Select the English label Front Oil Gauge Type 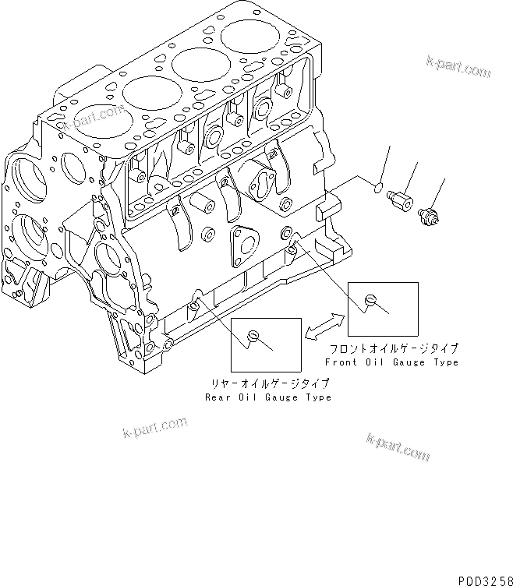tap(391, 362)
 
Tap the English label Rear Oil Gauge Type tap(267, 397)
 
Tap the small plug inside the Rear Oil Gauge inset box tap(252, 336)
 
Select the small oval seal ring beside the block tap(377, 187)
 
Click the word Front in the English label tap(340, 362)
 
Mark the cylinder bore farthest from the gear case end tap(249, 36)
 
